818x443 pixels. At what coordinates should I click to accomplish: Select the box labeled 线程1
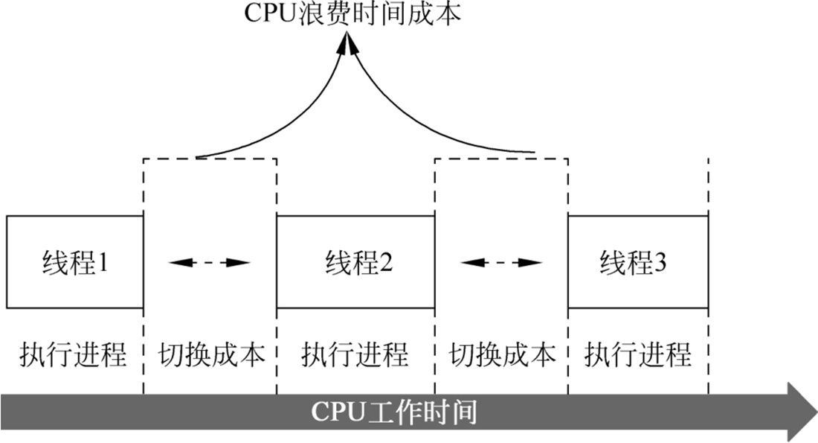(x=74, y=262)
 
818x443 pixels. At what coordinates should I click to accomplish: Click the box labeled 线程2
(x=355, y=262)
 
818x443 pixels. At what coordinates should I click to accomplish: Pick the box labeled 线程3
(x=637, y=262)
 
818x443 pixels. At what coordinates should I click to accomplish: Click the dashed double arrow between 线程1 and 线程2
(x=210, y=262)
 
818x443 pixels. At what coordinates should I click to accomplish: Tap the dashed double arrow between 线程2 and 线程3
(x=501, y=262)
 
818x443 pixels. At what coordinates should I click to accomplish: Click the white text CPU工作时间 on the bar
(x=393, y=412)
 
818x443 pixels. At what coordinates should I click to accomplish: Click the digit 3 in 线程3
(x=662, y=262)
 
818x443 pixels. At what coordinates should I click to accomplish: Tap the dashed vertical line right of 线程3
(x=708, y=186)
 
